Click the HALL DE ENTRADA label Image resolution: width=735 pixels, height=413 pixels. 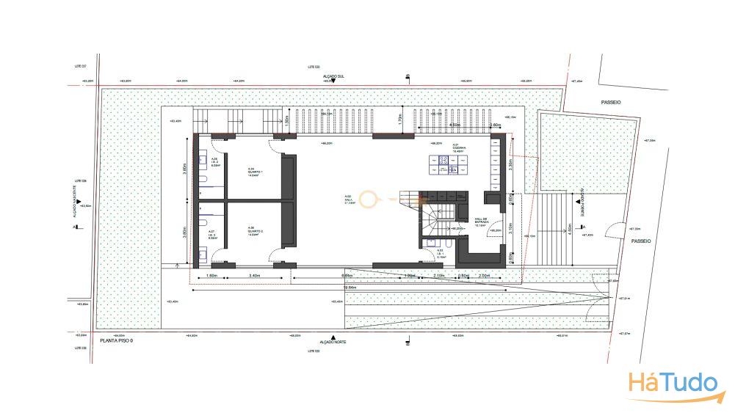[x=481, y=222]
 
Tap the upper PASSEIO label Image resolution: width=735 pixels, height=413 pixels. [x=610, y=103]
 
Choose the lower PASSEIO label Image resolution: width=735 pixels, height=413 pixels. [x=640, y=240]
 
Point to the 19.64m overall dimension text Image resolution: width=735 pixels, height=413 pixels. [x=350, y=288]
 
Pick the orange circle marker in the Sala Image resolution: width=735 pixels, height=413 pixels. [x=367, y=198]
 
